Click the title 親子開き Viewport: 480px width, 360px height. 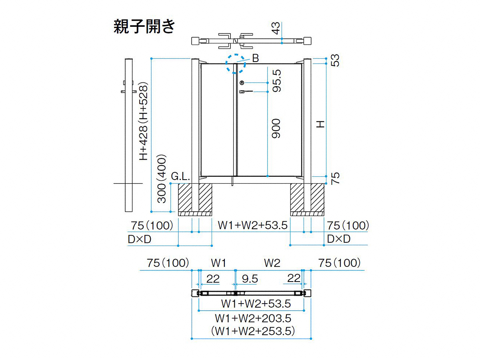click(144, 26)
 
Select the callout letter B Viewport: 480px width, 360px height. click(256, 58)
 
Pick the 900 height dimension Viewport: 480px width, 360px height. click(276, 128)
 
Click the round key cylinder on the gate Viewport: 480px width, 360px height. click(242, 83)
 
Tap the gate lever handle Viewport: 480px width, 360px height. click(246, 92)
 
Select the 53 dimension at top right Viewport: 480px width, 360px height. click(335, 60)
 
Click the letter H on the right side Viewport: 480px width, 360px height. click(320, 124)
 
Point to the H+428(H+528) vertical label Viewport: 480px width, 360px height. click(144, 121)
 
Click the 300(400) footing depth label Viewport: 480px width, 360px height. click(162, 179)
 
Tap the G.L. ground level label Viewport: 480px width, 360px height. click(180, 176)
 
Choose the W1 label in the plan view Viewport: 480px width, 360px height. click(218, 263)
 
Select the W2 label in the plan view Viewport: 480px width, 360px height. click(272, 263)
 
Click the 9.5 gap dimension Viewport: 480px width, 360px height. click(250, 279)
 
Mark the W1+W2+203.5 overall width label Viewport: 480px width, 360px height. click(253, 318)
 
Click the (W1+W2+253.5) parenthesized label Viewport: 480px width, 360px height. click(253, 331)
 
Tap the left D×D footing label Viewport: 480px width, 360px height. click(140, 239)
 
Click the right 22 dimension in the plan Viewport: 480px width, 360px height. click(294, 278)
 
